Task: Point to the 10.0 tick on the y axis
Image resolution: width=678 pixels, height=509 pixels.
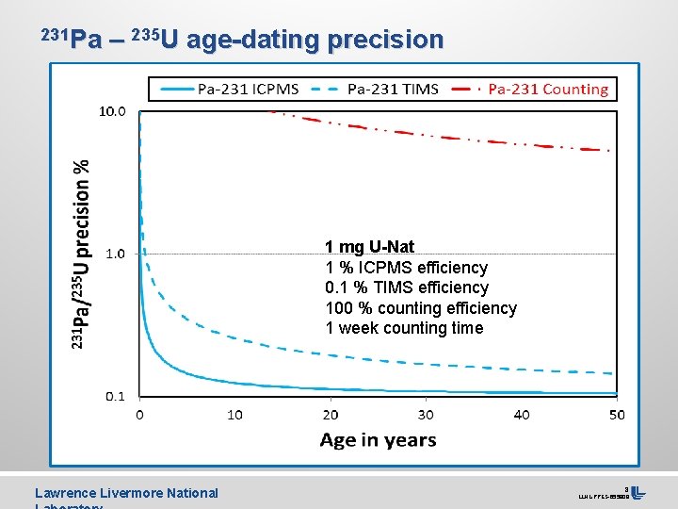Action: (112, 111)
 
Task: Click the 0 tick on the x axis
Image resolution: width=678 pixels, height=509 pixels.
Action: (140, 415)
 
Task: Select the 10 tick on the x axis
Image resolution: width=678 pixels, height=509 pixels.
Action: (234, 415)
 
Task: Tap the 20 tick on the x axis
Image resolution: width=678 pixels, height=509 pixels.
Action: (331, 415)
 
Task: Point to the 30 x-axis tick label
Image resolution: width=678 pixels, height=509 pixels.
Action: (426, 415)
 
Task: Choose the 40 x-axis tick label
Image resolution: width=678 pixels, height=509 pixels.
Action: (521, 415)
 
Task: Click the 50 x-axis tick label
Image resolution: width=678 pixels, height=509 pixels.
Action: (616, 415)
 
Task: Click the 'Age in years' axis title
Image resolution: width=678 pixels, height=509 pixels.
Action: (378, 440)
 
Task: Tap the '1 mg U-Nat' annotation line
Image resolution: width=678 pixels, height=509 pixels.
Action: (369, 247)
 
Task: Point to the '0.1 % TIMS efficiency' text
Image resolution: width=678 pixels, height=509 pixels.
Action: (407, 287)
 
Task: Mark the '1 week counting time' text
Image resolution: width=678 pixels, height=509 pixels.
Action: (404, 328)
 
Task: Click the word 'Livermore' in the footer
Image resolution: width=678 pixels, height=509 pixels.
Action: (128, 493)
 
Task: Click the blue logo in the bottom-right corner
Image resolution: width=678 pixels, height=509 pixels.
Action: (638, 492)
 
